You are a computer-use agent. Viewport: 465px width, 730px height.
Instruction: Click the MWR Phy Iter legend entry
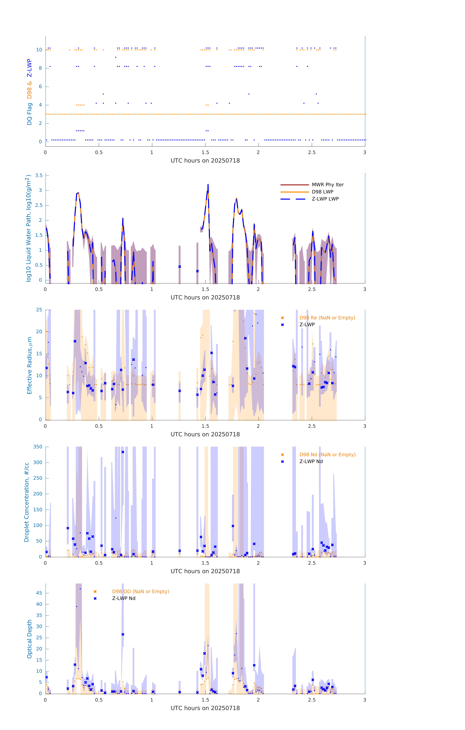click(328, 185)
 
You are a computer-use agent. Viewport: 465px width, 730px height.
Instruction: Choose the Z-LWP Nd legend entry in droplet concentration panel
click(311, 461)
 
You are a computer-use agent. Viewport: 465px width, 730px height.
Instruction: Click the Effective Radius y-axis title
click(29, 365)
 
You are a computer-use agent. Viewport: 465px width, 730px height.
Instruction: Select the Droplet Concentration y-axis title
click(27, 502)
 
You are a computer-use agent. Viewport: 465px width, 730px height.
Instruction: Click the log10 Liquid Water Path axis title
click(28, 228)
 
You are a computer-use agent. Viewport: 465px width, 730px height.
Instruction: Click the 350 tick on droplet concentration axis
click(38, 447)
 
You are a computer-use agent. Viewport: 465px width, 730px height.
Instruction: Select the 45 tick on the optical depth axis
click(39, 593)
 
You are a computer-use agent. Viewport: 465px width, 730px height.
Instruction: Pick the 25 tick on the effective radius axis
click(39, 310)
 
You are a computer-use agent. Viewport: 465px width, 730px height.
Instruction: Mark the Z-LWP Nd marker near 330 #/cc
click(123, 452)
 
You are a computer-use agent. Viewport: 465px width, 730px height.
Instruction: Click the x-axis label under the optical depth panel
click(205, 708)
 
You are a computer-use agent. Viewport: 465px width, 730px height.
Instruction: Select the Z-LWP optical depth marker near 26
click(123, 634)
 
